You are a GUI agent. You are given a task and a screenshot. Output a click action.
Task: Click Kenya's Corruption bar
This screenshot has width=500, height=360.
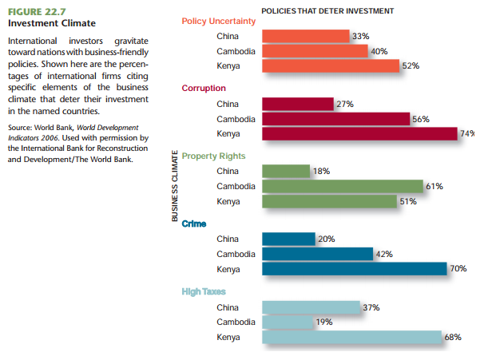coord(359,133)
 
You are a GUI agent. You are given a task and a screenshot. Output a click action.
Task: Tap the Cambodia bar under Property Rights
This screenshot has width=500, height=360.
coord(342,186)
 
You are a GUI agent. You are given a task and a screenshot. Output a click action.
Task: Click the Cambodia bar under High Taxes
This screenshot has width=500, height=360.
coord(287,322)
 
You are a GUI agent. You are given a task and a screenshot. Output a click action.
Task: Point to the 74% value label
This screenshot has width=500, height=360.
coord(467,133)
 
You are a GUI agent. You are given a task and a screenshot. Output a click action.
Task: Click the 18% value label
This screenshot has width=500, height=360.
coord(321,172)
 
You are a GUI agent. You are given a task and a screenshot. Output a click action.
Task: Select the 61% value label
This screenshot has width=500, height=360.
coord(435,186)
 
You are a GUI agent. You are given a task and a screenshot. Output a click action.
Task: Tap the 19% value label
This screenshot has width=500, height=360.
coord(324,322)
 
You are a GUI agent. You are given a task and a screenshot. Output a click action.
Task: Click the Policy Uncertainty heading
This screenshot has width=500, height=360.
coord(218,21)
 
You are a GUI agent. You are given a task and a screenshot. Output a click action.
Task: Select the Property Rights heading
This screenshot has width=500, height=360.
coord(213,156)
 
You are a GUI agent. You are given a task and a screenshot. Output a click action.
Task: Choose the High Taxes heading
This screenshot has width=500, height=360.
coord(204,291)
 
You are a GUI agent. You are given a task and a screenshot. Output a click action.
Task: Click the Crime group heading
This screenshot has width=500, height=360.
coord(194,224)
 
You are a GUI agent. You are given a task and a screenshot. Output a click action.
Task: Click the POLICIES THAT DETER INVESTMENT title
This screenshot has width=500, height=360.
coord(327,10)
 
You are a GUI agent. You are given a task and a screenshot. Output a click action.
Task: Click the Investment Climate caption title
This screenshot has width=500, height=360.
coord(46,23)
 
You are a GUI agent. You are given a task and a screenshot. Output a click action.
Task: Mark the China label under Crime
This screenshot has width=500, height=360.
coord(228,239)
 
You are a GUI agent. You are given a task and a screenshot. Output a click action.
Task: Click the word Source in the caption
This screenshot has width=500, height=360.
coord(20,128)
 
